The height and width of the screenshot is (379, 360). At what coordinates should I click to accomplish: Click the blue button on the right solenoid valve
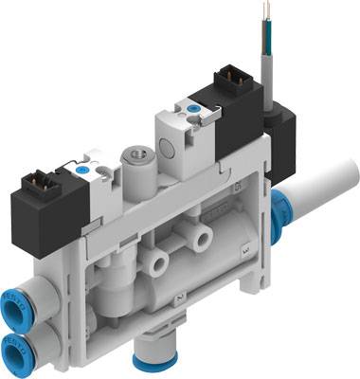click(194, 111)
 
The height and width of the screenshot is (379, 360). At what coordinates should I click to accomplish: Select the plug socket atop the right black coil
click(230, 77)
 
